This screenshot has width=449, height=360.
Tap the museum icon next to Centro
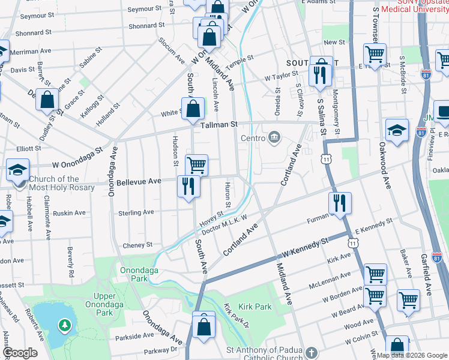point(274,138)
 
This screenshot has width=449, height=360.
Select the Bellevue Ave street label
point(139,181)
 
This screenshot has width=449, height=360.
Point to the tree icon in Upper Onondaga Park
point(64,326)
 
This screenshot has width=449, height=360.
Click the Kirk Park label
point(255,307)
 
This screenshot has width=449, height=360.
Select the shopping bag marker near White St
point(193,109)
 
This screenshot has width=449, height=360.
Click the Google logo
point(19,353)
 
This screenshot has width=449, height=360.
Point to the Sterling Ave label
point(136,212)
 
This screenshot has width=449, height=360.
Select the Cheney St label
point(137,245)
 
